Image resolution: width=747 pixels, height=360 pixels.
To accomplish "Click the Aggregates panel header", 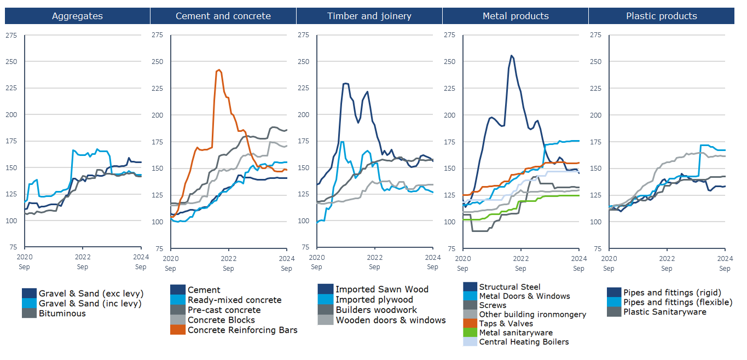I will pos(77,16).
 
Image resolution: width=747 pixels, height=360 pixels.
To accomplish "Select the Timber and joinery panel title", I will pos(369,16).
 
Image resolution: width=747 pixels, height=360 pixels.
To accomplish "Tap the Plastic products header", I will pos(661,16).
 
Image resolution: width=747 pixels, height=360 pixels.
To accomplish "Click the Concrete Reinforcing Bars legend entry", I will pos(242,330).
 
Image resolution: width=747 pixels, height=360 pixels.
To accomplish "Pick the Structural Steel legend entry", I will pos(509,287).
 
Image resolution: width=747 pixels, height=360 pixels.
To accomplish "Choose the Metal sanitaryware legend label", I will pos(516,333).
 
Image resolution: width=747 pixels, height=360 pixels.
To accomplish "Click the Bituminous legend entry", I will pos(62,313).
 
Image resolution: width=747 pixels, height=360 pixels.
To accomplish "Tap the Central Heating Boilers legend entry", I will pos(524,342).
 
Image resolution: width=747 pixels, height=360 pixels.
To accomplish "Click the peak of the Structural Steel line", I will pos(511,55).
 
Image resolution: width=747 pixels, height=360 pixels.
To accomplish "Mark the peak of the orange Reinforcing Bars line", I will pos(219,69).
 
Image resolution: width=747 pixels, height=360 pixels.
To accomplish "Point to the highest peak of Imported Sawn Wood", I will pos(345,83).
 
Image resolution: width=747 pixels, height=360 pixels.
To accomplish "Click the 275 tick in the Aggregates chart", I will pos(11,36).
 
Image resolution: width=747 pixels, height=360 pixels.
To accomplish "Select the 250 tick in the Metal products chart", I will pos(449,62).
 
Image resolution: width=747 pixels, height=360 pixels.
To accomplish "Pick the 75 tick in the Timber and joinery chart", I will pos(305,248).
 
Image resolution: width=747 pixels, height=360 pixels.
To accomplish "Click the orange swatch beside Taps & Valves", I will pos(470,323).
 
